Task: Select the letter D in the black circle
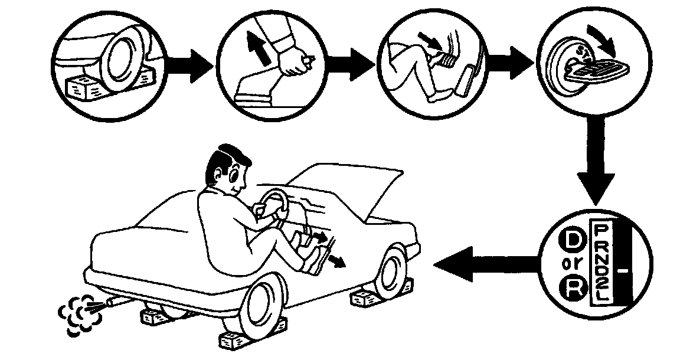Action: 571,240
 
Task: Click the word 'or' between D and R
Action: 571,265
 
